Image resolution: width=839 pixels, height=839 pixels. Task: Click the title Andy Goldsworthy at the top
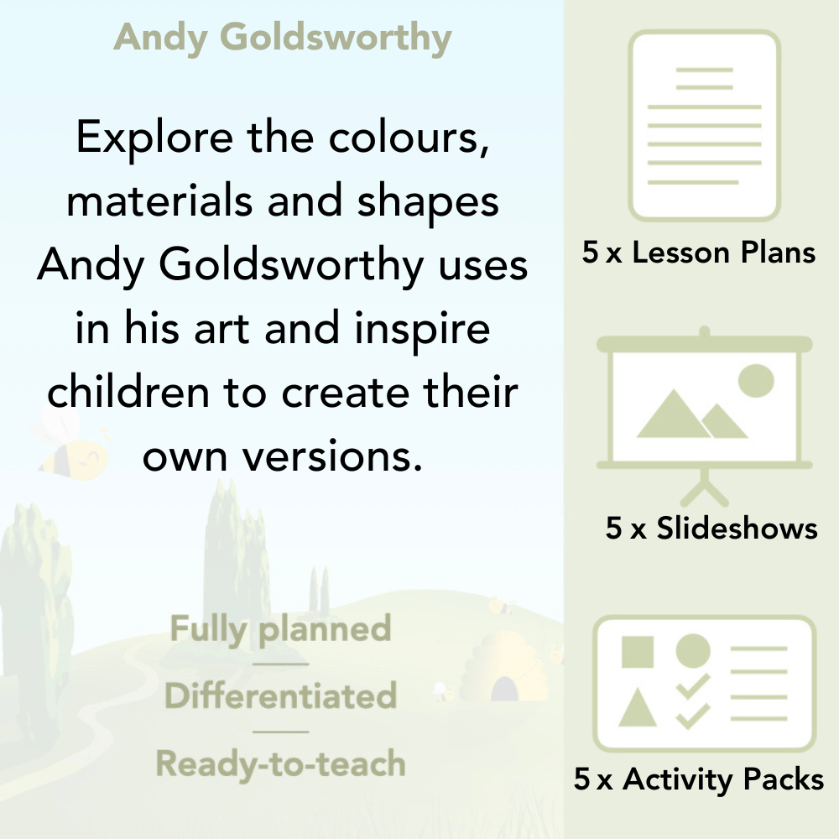283,38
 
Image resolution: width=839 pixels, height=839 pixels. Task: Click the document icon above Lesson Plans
705,126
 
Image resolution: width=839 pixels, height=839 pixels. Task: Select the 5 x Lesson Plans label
699,253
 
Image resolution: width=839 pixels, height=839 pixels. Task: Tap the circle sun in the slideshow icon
755,380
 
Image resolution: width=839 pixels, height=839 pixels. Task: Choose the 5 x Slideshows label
711,528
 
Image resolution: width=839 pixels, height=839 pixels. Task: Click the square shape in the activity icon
638,652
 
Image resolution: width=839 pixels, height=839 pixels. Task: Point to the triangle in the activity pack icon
638,707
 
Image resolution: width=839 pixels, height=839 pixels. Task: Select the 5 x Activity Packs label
699,780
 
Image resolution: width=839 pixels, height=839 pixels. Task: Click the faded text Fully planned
280,629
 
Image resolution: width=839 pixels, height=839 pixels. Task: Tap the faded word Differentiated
280,696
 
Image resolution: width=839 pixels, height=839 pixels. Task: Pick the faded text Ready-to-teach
280,764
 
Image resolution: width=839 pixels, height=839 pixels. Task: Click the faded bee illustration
71,445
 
